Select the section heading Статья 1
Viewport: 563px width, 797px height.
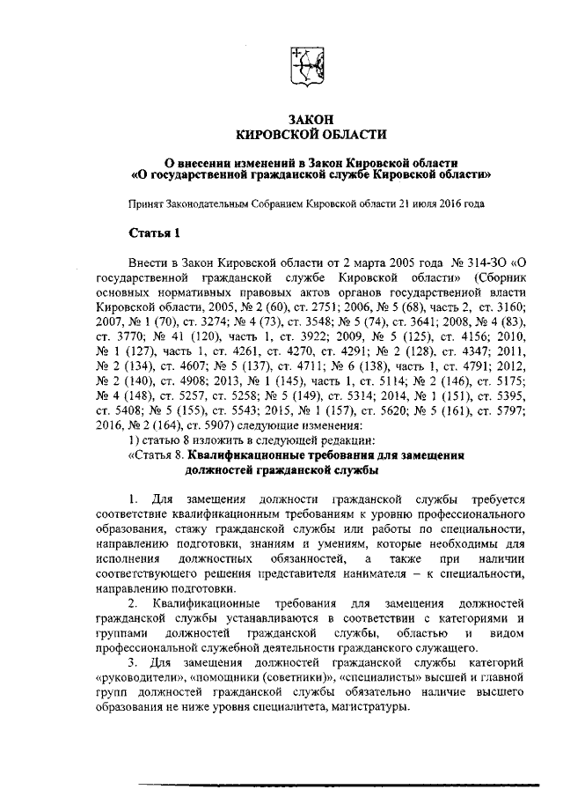pos(154,232)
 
